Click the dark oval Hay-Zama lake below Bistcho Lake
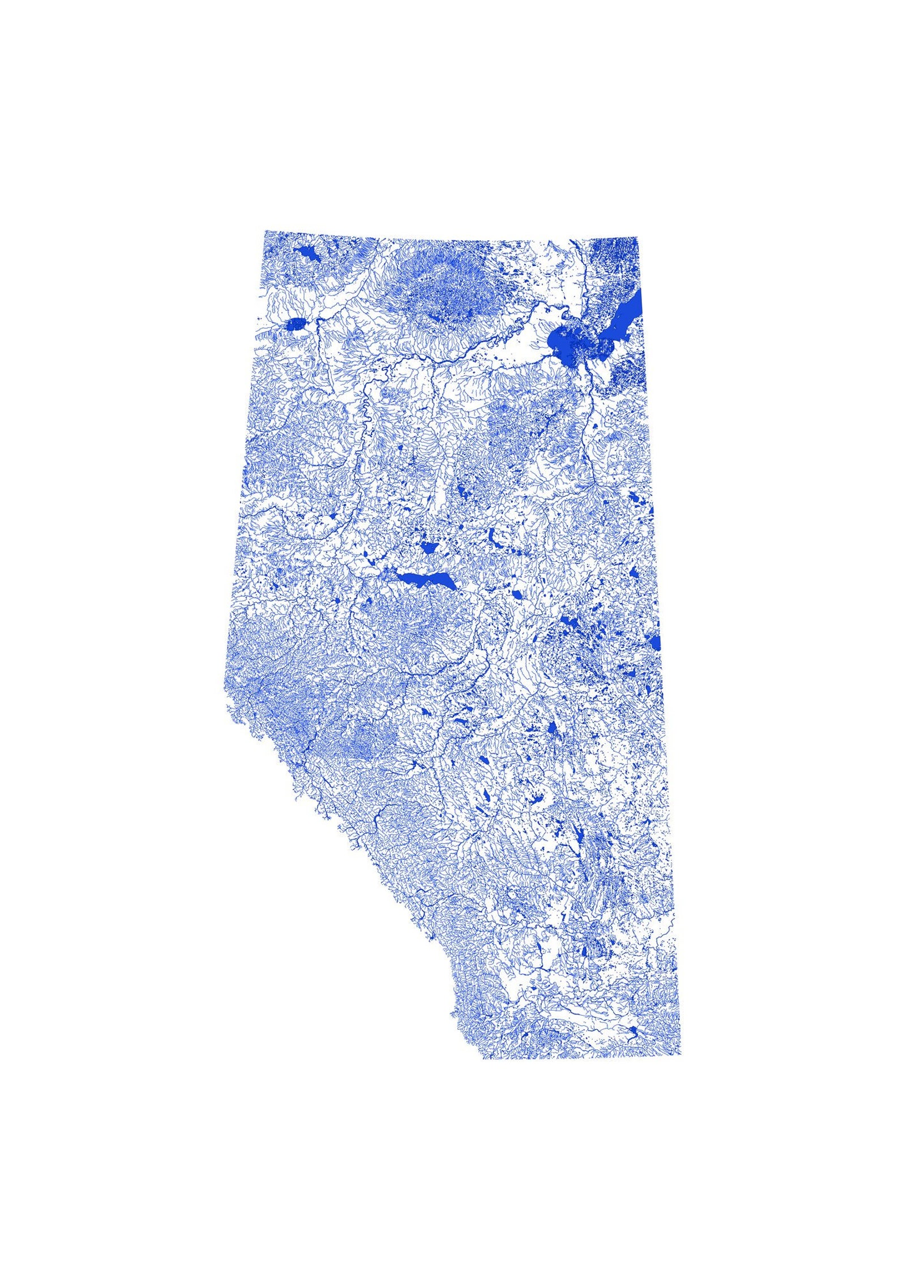pyautogui.click(x=296, y=325)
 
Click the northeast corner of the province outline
pyautogui.click(x=638, y=238)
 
